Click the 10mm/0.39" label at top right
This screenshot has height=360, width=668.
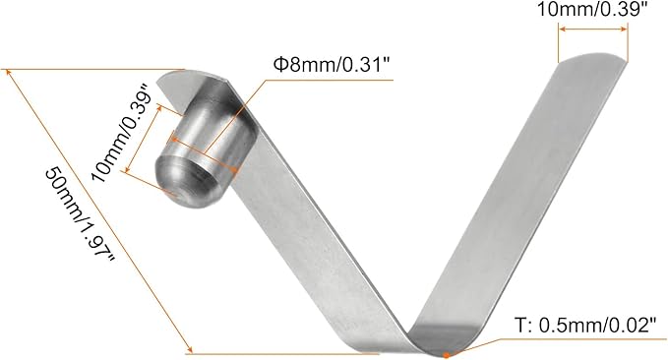coord(591,11)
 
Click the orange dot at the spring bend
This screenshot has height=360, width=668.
coord(448,352)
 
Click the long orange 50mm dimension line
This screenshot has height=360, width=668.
coord(98,210)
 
